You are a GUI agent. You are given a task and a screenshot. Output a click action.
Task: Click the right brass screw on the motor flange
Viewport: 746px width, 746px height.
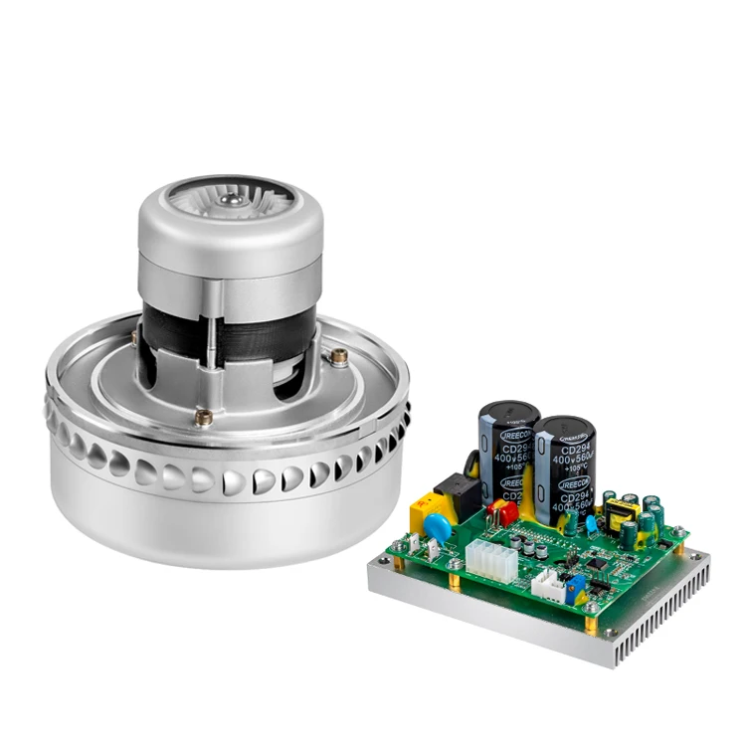(x=340, y=353)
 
